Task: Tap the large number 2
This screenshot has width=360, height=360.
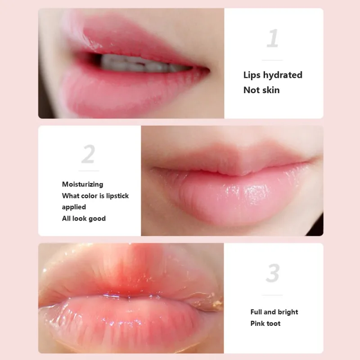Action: point(88,154)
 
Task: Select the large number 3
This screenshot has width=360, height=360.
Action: point(273,273)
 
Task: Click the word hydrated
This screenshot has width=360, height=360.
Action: point(282,75)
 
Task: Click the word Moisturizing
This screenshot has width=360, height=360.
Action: point(82,184)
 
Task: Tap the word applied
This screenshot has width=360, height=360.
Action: point(74,207)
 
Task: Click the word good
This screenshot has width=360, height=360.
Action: point(97,218)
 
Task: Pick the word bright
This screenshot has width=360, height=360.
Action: point(288,312)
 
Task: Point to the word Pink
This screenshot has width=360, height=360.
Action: point(258,323)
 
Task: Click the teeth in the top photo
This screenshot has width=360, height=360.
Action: point(135,64)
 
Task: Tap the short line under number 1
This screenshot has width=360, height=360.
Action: point(272,60)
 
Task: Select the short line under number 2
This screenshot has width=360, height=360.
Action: point(89,171)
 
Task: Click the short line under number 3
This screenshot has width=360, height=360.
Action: point(273,295)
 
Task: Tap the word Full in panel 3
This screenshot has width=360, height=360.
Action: point(256,312)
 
